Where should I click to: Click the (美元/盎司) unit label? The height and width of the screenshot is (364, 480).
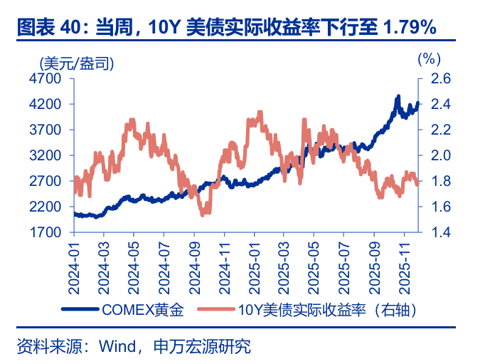point(78,62)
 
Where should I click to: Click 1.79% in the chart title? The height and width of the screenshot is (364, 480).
point(408,28)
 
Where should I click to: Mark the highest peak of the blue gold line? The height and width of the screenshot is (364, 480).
point(398,96)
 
